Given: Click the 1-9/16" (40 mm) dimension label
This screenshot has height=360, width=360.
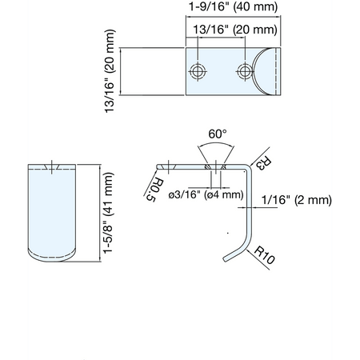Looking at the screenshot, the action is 233,6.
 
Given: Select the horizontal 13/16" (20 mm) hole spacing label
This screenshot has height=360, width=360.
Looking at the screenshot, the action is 235,30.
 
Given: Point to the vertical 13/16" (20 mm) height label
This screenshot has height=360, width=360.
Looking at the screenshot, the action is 110,71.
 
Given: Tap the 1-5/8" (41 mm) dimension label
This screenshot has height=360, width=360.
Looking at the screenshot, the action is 109,213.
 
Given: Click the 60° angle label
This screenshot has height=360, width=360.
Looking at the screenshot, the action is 218,134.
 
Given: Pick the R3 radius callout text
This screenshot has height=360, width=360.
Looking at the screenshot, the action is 264,163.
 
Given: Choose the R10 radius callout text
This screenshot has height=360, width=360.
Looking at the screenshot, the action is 264,255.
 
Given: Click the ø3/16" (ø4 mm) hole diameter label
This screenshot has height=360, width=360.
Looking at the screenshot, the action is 206,195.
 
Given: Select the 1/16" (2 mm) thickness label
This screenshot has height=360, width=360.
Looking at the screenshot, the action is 297,200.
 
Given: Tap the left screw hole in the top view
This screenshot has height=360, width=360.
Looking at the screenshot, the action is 198,71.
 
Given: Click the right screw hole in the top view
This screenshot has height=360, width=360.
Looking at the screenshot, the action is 244,71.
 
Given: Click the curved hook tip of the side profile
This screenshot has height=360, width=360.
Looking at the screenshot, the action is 226,258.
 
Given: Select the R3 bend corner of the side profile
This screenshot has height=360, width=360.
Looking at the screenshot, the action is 249,167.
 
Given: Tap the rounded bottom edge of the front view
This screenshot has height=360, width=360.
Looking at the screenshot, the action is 52,258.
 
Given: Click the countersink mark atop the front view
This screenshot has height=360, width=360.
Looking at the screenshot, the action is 52,167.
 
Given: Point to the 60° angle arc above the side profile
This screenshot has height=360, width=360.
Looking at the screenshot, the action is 216,144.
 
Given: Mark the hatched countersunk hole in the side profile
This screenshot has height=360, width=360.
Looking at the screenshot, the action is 215,167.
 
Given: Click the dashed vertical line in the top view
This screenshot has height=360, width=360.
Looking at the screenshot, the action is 276,71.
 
